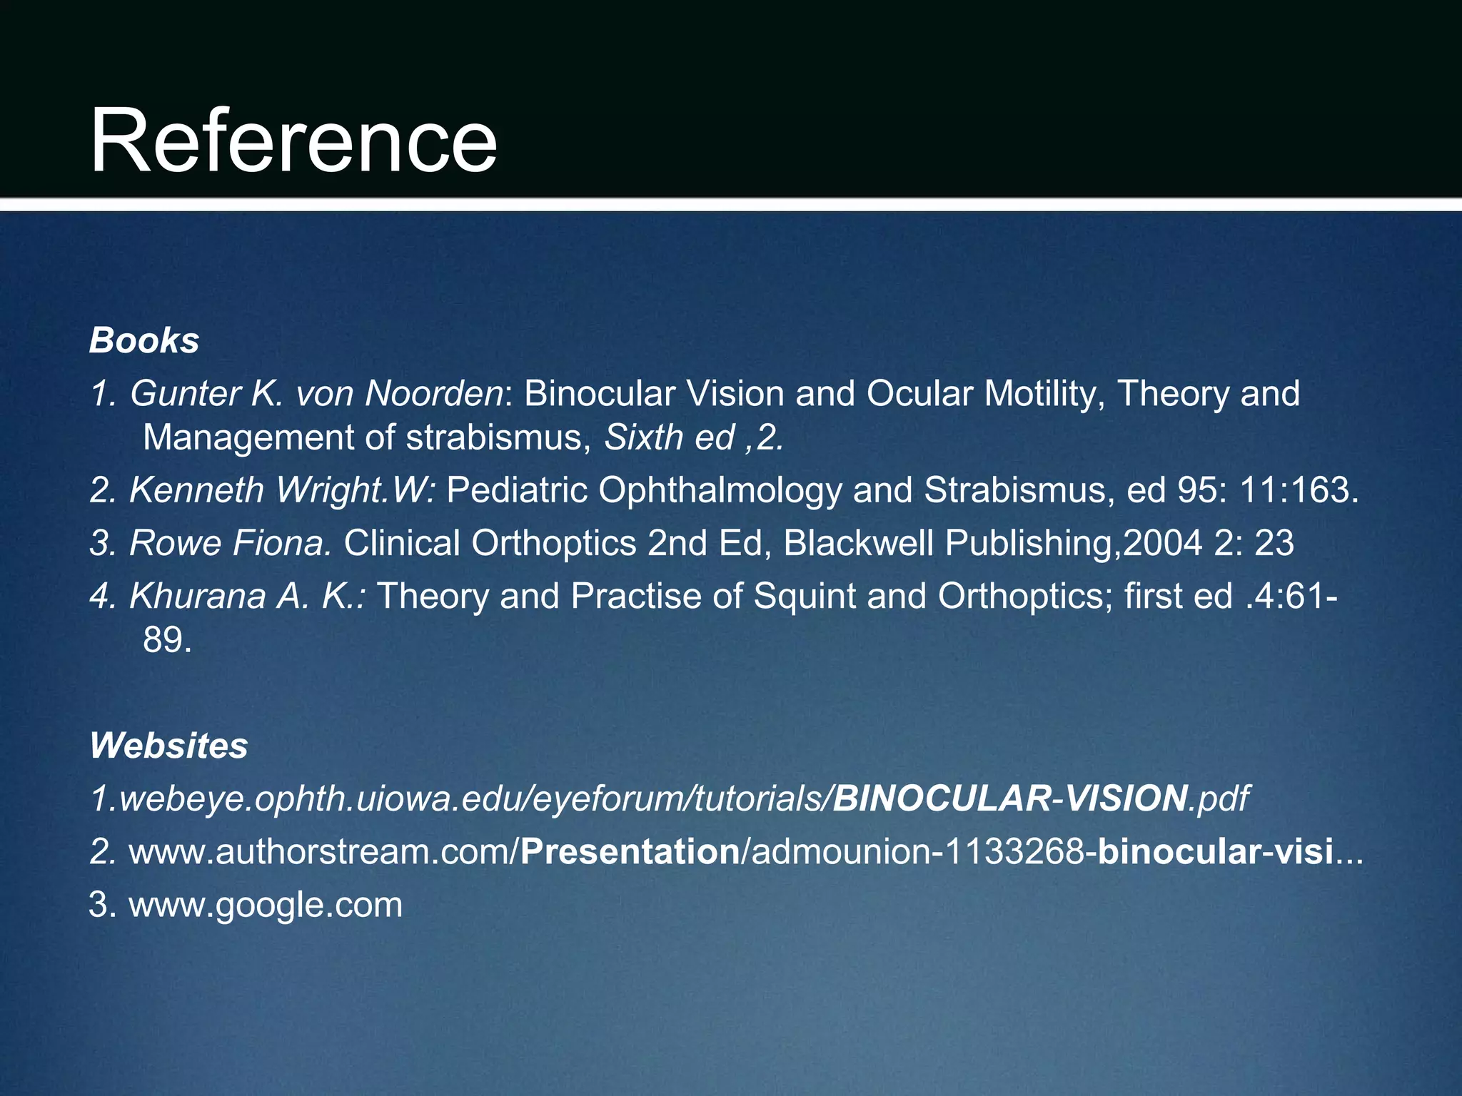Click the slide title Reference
coord(293,140)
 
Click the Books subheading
coord(144,340)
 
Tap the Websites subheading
coord(168,746)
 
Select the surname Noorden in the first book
coord(434,393)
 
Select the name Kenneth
coord(197,490)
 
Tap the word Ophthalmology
coord(720,490)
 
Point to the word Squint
coord(805,596)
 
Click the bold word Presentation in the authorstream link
coord(630,852)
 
